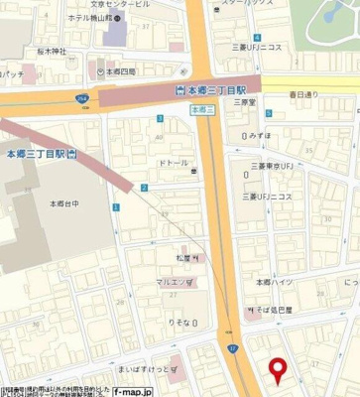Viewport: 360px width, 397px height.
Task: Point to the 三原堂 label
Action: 244,101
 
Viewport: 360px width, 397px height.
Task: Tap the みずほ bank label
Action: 260,134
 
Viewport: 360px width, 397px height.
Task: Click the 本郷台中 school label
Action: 64,202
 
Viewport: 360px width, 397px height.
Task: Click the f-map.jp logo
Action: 133,391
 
